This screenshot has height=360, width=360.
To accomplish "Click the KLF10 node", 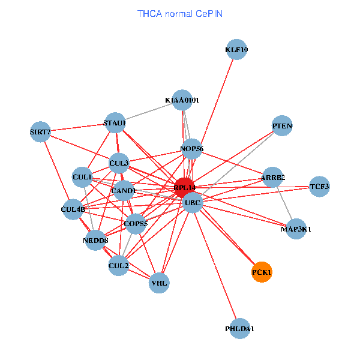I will (x=236, y=50).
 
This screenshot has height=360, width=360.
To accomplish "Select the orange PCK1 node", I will (x=262, y=272).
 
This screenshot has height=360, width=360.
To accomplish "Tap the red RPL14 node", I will (x=184, y=188).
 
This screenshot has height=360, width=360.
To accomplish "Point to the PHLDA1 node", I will (x=239, y=329).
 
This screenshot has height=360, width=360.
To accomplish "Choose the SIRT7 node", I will (x=40, y=131).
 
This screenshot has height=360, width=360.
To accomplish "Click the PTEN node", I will (x=282, y=126).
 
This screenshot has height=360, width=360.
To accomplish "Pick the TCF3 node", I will (x=319, y=187).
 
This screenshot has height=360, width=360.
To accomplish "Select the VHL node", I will (x=160, y=282).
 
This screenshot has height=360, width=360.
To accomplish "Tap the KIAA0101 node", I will (x=182, y=100).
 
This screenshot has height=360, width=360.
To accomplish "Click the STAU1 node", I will (x=115, y=123).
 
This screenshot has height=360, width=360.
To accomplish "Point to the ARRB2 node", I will (x=273, y=178).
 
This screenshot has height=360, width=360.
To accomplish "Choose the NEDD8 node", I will (x=96, y=241).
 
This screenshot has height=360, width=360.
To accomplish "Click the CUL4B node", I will (x=73, y=209).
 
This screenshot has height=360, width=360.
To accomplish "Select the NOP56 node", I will (x=192, y=148).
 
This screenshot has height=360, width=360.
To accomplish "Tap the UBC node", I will (x=193, y=203).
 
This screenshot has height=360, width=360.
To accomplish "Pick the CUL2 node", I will (x=118, y=265).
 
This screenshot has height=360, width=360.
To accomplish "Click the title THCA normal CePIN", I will (x=180, y=13).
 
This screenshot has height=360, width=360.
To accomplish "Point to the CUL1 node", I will (x=82, y=177).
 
